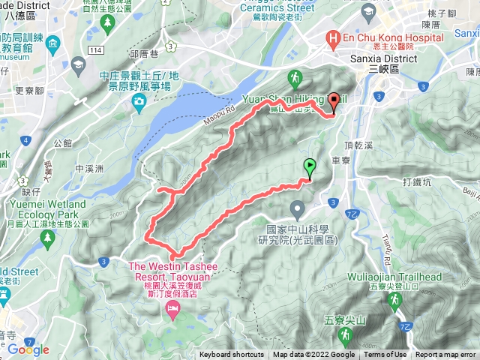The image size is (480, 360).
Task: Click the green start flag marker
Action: click(308, 166)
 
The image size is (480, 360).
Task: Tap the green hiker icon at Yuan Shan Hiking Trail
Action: click(295, 78)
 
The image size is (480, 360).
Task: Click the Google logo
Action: click(28, 349)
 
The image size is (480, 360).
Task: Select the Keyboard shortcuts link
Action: click(231, 355)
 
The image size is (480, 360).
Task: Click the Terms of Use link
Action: click(385, 355)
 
